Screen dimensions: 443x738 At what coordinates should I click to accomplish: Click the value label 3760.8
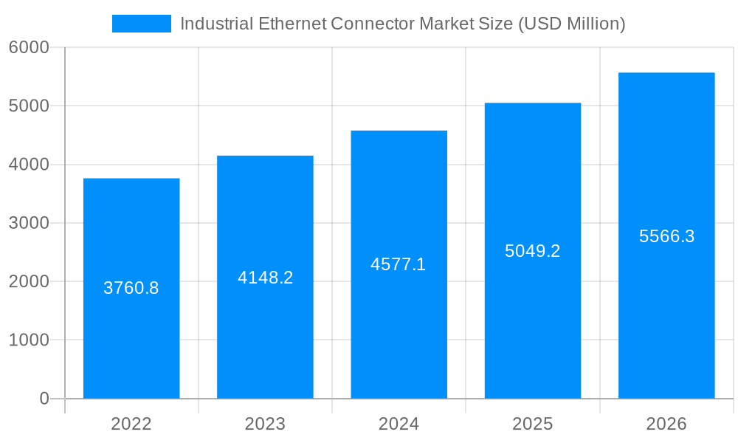coord(131,288)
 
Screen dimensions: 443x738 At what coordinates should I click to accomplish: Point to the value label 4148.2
coord(265,278)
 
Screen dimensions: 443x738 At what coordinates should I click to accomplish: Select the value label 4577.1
coord(399,264)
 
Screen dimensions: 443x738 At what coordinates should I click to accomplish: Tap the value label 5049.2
coord(532,251)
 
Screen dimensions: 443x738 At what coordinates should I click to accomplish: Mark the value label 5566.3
coord(666,236)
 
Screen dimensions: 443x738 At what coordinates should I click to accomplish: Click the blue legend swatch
coord(142,24)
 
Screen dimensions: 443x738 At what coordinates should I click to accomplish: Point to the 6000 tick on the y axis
coord(29,47)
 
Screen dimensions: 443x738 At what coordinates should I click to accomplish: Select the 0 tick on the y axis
coord(44,399)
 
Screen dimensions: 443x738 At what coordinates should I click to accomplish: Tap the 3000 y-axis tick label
coord(29,223)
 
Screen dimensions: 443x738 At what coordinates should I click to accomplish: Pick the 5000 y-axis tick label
coord(29,106)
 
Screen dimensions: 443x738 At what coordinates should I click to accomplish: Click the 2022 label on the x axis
coord(131,424)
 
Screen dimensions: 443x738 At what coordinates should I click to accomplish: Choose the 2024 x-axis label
coord(399,424)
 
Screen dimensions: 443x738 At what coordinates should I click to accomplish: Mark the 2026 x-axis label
coord(666,424)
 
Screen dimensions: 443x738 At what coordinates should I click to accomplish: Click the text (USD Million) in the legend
coord(571,24)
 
